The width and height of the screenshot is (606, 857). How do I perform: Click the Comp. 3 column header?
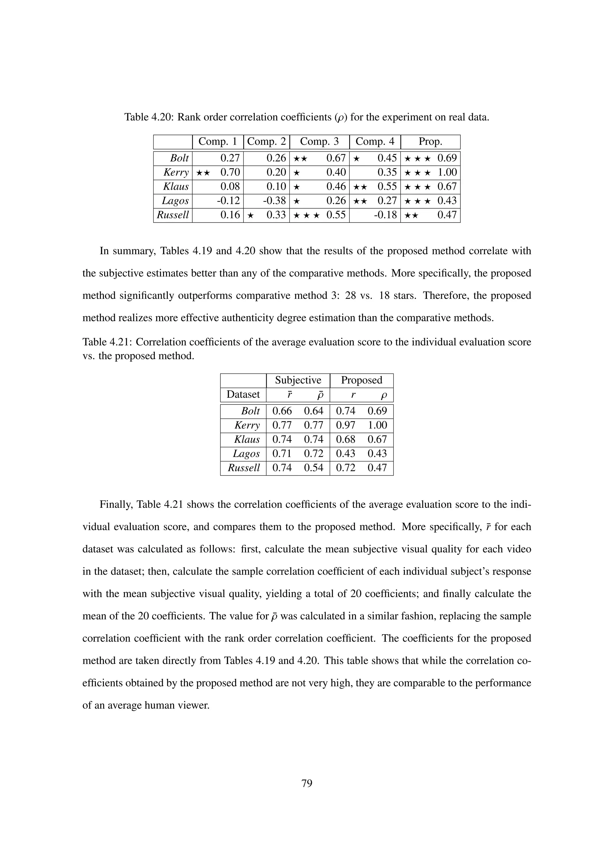319,142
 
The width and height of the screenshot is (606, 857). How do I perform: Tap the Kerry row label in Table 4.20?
176,173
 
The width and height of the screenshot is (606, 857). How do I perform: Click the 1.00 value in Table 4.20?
447,173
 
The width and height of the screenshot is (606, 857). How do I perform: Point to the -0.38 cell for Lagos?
274,201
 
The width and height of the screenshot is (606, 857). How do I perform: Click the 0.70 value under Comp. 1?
230,173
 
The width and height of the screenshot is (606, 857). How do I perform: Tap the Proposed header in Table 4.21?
361,380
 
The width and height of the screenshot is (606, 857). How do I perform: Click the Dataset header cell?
243,394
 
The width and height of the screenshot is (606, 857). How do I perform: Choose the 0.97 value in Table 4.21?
346,425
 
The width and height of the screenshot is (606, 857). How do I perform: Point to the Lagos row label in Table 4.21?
246,454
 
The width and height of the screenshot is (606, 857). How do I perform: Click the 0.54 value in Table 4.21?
313,468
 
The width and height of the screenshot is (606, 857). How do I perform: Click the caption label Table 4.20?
149,117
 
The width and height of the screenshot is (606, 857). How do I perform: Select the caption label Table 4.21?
107,342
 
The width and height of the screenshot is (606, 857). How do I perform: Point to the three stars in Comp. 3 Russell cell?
306,215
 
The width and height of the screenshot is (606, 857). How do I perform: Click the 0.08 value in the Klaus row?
230,187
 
